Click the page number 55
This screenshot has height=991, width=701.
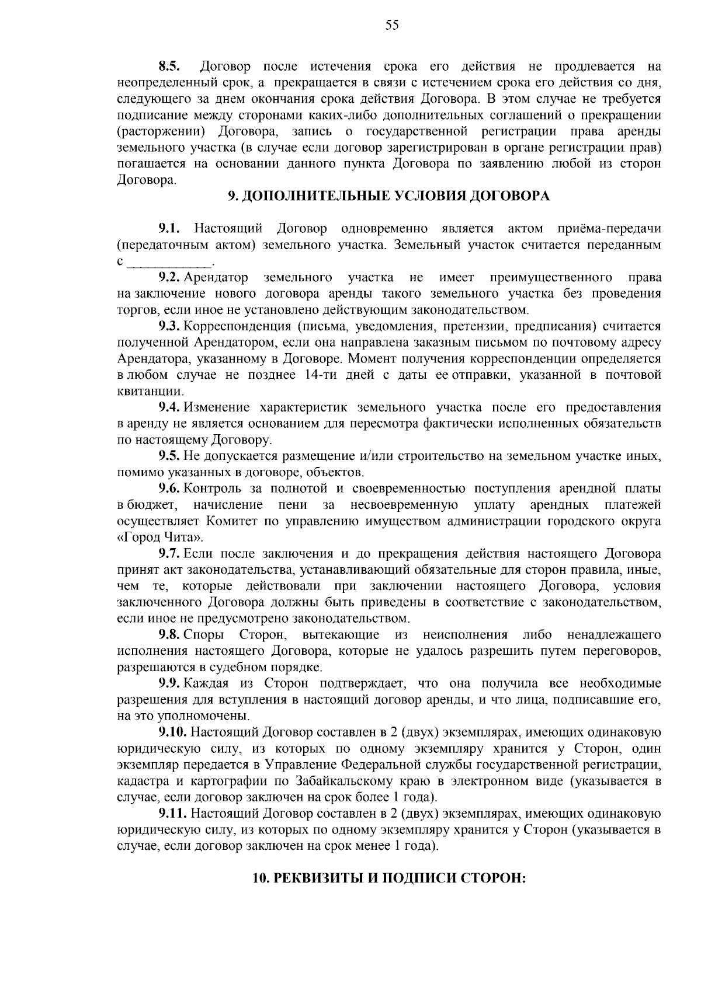tap(392, 25)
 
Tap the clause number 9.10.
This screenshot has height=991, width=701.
tap(173, 732)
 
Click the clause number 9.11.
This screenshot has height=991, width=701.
tap(173, 813)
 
